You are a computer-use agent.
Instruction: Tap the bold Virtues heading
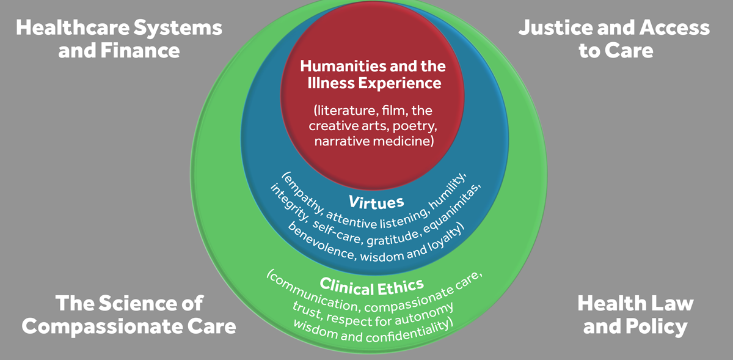click(376, 202)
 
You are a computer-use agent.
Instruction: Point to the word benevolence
click(320, 242)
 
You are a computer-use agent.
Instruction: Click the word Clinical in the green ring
click(346, 287)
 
